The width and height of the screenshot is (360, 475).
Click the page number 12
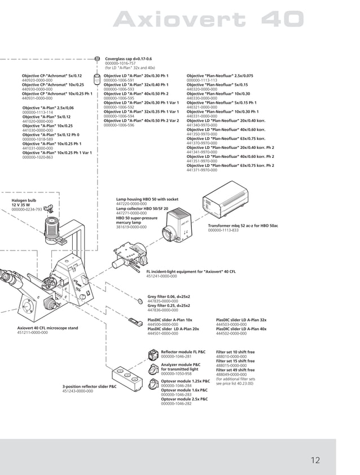point(315,460)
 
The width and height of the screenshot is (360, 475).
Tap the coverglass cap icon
point(98,58)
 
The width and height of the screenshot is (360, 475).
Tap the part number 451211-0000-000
point(32,333)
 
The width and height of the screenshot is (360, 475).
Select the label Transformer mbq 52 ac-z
point(243,226)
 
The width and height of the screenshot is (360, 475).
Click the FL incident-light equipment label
point(191,271)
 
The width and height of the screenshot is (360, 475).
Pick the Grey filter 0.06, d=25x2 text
point(169,296)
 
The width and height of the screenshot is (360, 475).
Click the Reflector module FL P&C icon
point(153,354)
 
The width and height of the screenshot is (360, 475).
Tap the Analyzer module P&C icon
point(153,368)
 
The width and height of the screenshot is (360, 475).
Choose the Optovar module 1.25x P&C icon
point(153,384)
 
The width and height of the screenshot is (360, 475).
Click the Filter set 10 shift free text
point(235,352)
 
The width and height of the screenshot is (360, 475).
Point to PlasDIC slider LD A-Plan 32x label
point(241,320)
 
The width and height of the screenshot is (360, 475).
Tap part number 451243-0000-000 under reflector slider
point(77,390)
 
